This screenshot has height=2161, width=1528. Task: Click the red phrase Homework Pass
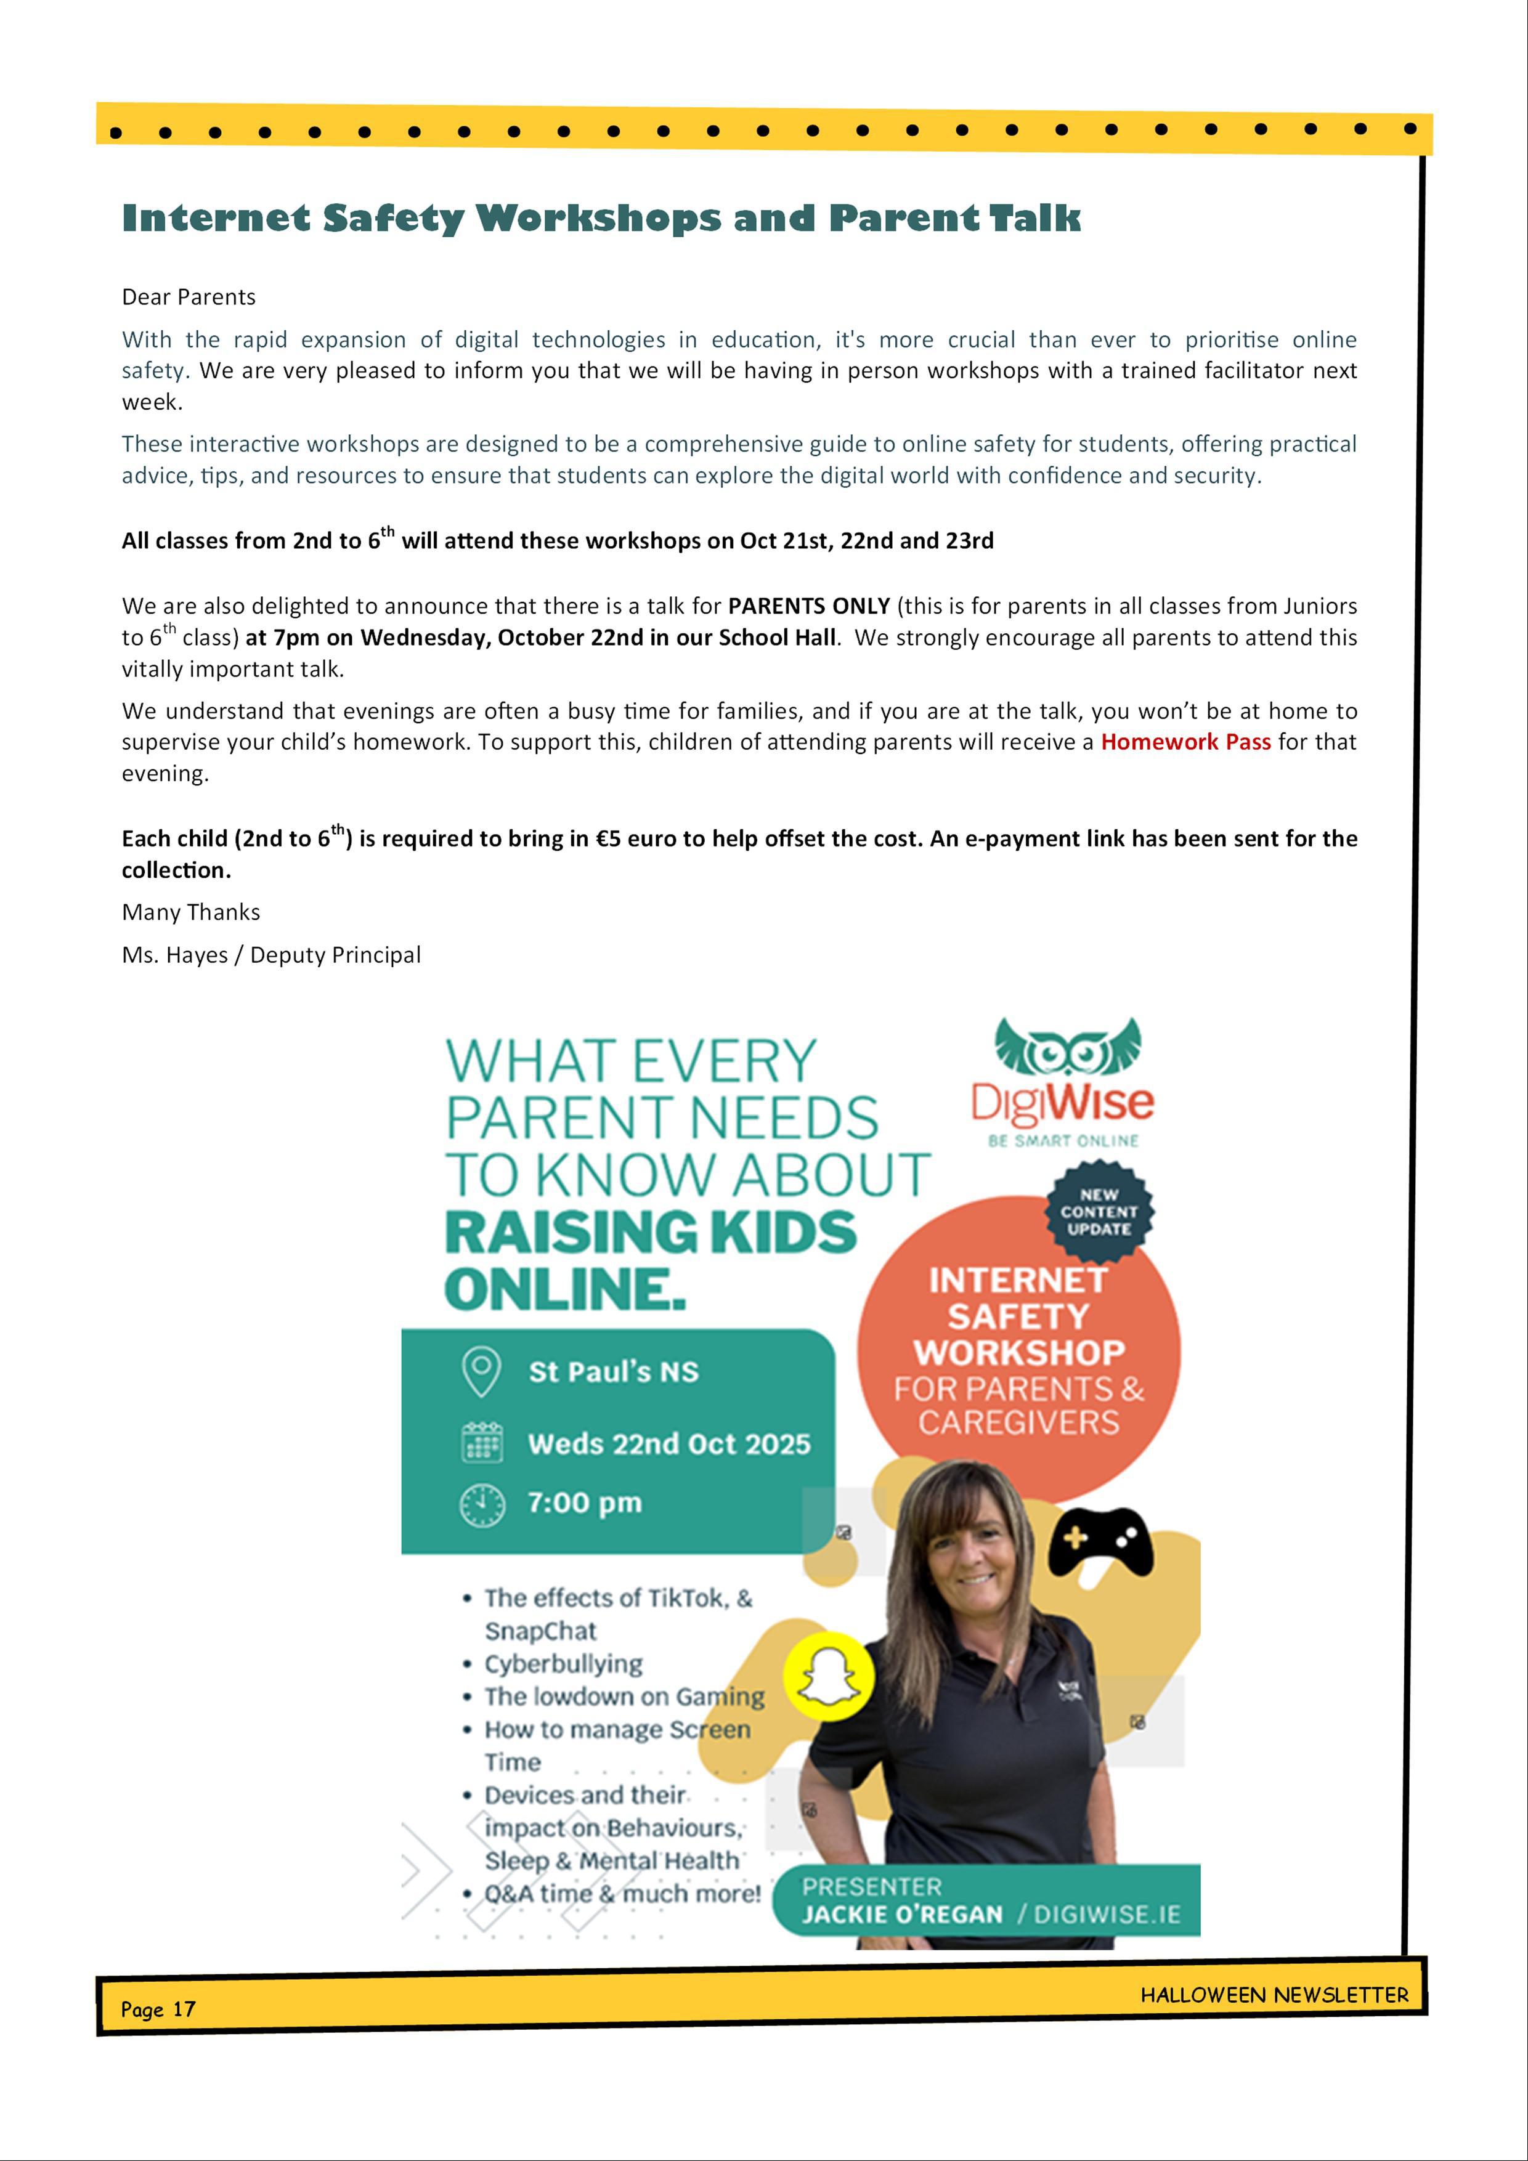(1185, 742)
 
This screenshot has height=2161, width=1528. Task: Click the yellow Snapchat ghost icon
(829, 1676)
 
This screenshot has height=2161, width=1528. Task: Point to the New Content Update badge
(1099, 1211)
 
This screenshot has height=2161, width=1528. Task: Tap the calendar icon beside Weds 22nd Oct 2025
(482, 1442)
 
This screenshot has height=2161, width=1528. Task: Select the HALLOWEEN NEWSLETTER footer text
(1274, 1995)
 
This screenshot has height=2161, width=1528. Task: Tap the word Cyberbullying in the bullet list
(563, 1663)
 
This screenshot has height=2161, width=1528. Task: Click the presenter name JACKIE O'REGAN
(902, 1915)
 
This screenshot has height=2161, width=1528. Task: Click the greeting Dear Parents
(189, 298)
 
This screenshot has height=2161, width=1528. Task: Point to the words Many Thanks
(191, 912)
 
